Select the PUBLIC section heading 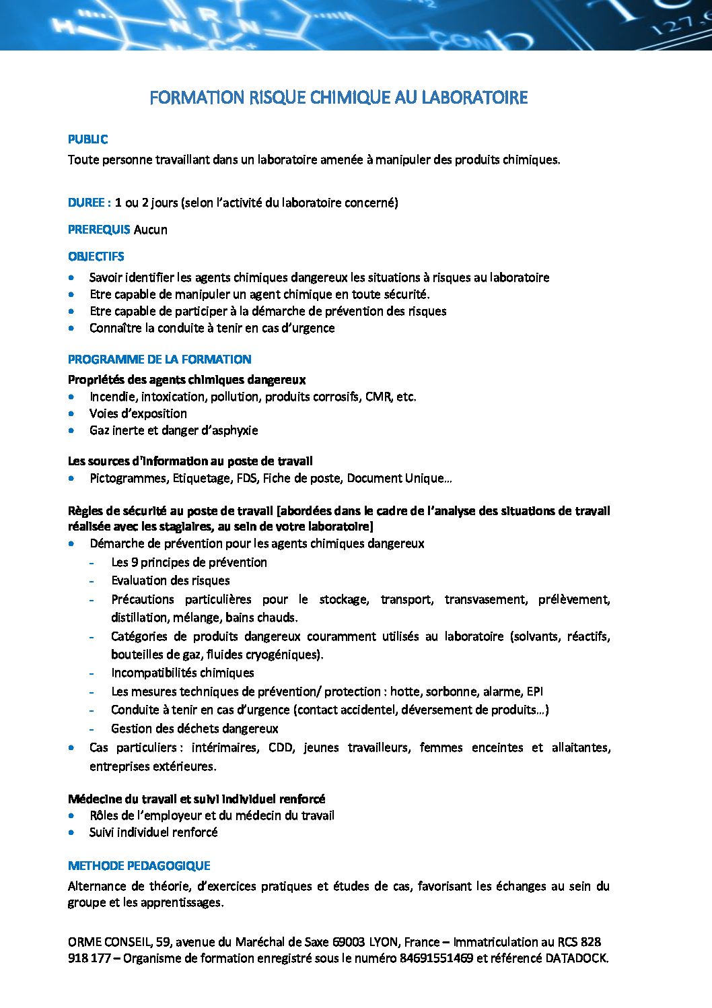[87, 139]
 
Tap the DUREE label [87, 203]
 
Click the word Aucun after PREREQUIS [151, 230]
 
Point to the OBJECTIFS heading [96, 257]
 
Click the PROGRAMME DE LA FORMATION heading [159, 360]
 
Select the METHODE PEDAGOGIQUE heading [139, 866]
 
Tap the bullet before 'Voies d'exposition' [72, 413]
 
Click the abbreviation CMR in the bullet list [378, 397]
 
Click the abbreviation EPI [535, 692]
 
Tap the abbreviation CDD [281, 747]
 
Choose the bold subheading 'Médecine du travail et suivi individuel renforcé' [197, 799]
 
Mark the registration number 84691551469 [437, 958]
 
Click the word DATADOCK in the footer [575, 958]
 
